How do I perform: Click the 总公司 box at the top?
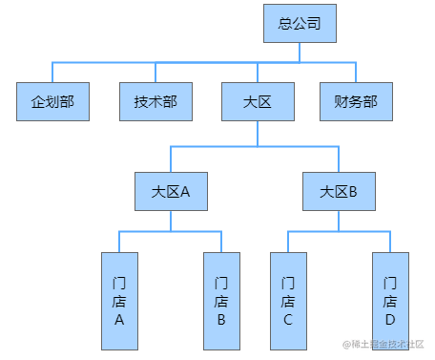tap(300, 23)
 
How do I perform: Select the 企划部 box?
tap(52, 101)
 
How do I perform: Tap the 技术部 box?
tap(155, 101)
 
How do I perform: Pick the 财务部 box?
tap(356, 101)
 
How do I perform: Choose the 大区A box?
tap(171, 190)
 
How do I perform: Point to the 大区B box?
tap(338, 190)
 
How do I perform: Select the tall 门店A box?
tap(119, 300)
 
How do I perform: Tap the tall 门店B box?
tap(221, 300)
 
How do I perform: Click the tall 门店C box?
tap(288, 300)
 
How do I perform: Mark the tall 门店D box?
tap(389, 300)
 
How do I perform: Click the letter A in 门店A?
tap(119, 320)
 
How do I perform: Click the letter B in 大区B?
tap(352, 191)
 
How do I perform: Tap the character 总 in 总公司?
tap(285, 23)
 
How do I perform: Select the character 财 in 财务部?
tap(341, 101)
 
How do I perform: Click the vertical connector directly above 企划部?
tap(52, 73)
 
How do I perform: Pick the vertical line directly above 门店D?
tap(389, 242)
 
